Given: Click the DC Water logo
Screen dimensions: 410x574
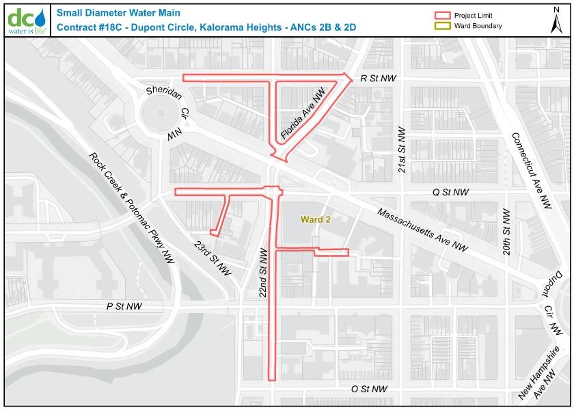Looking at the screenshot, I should (27, 20).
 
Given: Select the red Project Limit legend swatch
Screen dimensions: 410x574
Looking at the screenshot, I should (443, 16).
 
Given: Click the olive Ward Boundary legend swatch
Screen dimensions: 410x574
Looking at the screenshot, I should (443, 26).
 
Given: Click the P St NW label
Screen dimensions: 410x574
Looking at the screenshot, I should (124, 306).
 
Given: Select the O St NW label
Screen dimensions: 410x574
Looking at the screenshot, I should (369, 389).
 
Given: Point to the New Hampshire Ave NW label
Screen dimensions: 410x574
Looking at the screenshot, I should (543, 375).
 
